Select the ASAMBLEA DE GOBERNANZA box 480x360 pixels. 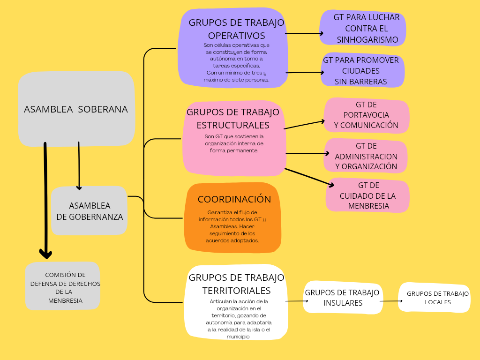(x=89, y=211)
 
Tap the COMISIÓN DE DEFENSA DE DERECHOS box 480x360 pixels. (x=62, y=286)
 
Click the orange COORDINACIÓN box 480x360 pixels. (x=233, y=218)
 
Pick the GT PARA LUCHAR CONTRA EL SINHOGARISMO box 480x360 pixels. (x=363, y=28)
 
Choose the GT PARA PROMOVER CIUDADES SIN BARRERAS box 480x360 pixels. (x=362, y=71)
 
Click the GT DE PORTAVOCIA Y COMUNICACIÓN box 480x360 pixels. (x=366, y=115)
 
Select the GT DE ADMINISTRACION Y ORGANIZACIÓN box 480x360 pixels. (x=366, y=156)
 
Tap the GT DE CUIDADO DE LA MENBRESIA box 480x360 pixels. (x=368, y=195)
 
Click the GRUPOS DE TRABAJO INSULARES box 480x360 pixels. (x=343, y=297)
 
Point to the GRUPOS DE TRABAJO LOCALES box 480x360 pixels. (x=434, y=297)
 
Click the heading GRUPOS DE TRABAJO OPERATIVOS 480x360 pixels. (x=236, y=29)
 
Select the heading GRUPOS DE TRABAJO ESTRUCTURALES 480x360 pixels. (x=233, y=119)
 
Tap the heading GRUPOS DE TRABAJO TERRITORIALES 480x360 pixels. (x=236, y=284)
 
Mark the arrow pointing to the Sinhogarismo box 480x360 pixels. (x=304, y=34)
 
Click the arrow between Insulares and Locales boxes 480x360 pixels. (x=391, y=301)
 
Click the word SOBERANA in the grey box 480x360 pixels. (x=103, y=109)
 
